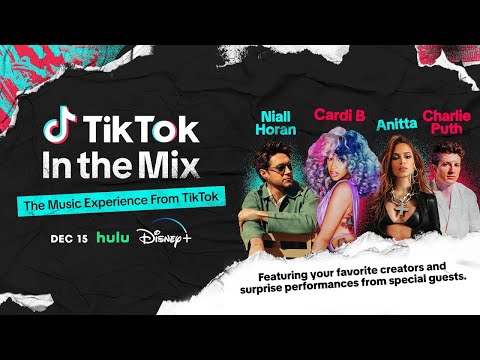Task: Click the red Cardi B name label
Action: (x=337, y=114)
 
